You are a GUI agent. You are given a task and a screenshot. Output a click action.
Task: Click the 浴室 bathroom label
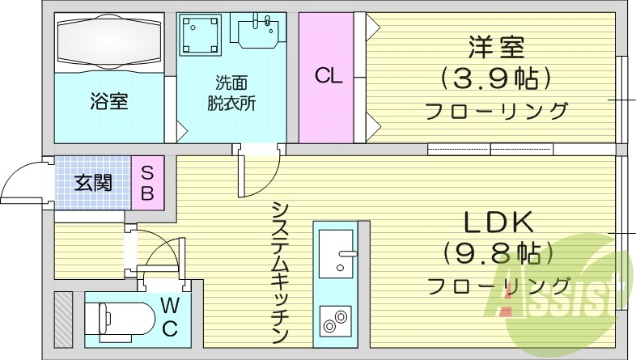click(x=108, y=102)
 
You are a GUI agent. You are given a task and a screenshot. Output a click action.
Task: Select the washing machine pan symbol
click(x=199, y=35)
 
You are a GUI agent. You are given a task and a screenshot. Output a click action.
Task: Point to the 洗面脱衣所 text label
click(x=231, y=93)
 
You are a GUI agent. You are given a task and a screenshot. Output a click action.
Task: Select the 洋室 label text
click(x=496, y=47)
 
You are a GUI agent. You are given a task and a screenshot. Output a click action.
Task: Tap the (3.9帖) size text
click(x=496, y=78)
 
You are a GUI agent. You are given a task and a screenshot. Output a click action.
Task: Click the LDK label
click(x=498, y=221)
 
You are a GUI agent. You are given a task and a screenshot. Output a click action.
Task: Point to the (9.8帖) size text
click(x=498, y=252)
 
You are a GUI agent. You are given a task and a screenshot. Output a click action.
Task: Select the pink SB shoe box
click(x=148, y=183)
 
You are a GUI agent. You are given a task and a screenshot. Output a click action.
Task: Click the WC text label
click(x=170, y=316)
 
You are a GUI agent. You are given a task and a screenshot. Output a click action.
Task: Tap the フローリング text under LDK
click(x=498, y=286)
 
